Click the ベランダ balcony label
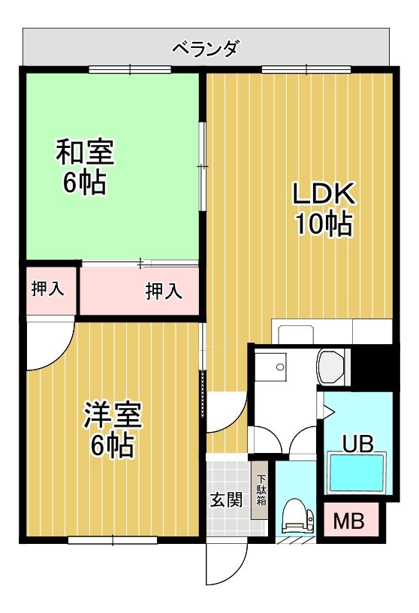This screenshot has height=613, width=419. pyautogui.click(x=205, y=50)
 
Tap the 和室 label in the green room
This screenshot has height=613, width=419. pyautogui.click(x=85, y=152)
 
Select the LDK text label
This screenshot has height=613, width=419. pyautogui.click(x=324, y=194)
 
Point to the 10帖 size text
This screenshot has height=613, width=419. pyautogui.click(x=324, y=223)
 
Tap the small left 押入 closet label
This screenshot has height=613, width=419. pyautogui.click(x=48, y=289)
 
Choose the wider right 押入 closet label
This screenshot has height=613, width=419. pyautogui.click(x=164, y=291)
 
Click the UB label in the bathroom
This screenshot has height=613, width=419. pyautogui.click(x=358, y=444)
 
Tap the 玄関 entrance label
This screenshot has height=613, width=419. pyautogui.click(x=226, y=500)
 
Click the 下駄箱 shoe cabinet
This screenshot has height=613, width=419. pyautogui.click(x=260, y=491)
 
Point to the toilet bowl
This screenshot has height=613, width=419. pyautogui.click(x=297, y=516)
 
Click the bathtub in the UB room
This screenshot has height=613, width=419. pyautogui.click(x=357, y=473)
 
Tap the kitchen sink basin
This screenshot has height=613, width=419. pyautogui.click(x=296, y=333)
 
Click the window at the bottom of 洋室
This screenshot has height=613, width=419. pyautogui.click(x=113, y=540)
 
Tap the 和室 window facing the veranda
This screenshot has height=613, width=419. pyautogui.click(x=130, y=70)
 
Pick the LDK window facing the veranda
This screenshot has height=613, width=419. pyautogui.click(x=306, y=70)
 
